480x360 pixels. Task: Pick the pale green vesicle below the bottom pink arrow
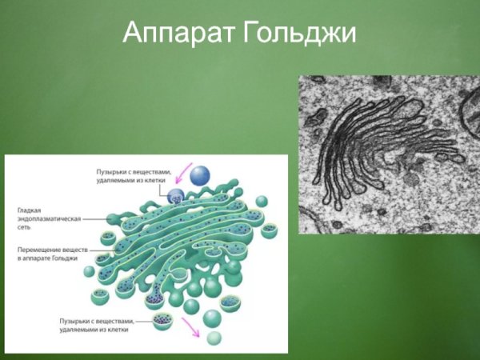click(212, 338)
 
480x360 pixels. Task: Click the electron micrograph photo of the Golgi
click(389, 154)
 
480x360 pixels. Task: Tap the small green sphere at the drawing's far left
click(89, 271)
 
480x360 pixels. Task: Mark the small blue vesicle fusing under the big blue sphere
click(178, 194)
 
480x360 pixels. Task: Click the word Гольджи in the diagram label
click(65, 260)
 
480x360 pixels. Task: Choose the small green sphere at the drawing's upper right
click(261, 200)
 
